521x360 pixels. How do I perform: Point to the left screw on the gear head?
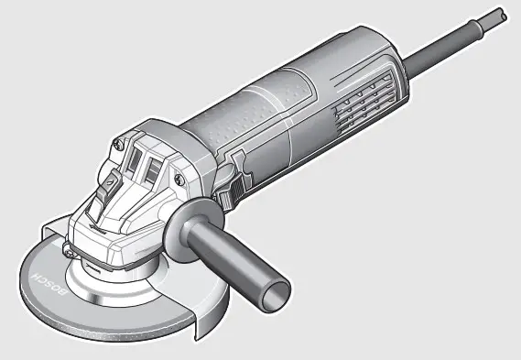(118, 144)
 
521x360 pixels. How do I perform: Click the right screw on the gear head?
(179, 180)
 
